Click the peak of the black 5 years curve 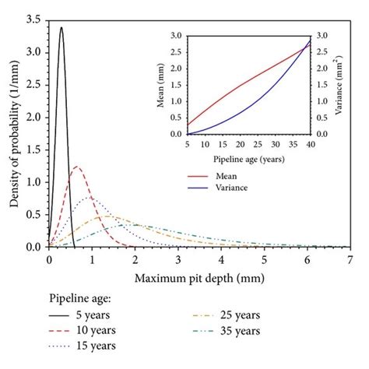[x=61, y=28]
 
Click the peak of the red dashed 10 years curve [x=76, y=167]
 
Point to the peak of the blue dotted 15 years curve [x=91, y=198]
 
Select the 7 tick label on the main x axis [x=350, y=260]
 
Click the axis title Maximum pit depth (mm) [x=199, y=277]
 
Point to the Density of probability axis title [x=15, y=132]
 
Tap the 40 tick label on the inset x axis [x=310, y=145]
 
